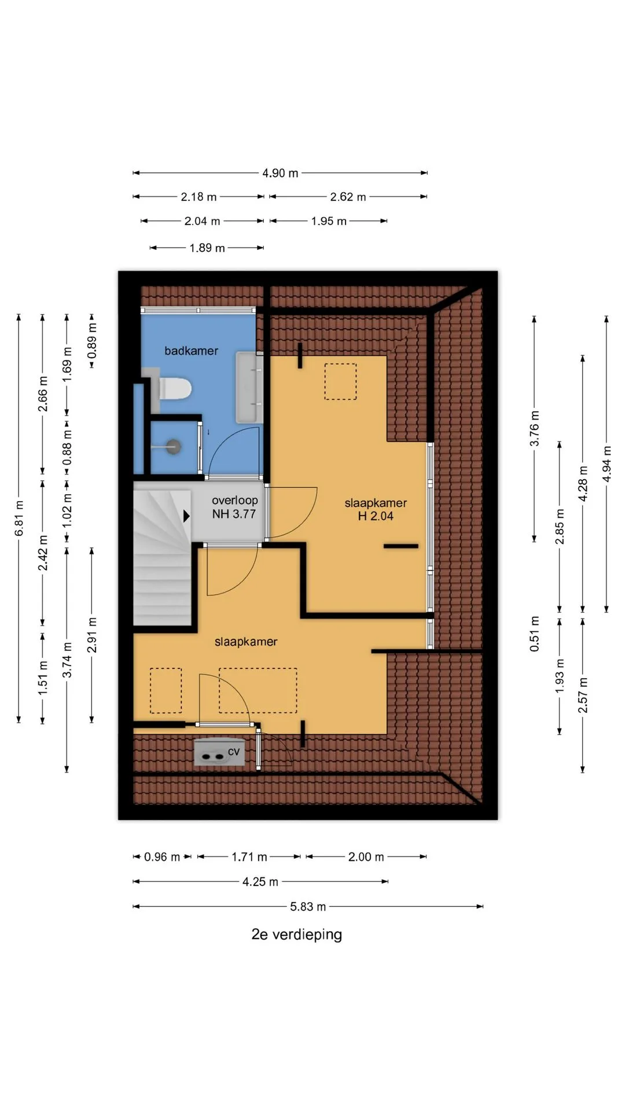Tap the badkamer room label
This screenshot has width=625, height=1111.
point(191,351)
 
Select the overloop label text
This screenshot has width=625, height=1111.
point(234,501)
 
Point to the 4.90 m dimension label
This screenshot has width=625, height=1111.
point(280,173)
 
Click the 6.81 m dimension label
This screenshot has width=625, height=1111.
point(19,518)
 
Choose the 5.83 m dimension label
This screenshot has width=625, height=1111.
point(308,907)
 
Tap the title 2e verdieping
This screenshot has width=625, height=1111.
point(296,935)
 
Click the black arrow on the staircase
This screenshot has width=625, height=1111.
point(186,516)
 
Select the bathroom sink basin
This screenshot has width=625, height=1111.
point(249,387)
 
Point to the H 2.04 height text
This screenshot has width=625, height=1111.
point(376,516)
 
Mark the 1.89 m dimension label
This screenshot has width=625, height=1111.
point(207,248)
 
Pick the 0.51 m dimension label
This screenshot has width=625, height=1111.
point(535,634)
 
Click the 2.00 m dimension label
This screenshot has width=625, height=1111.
point(366,857)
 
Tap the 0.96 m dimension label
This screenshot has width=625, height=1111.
point(161,857)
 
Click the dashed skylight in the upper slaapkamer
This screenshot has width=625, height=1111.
point(340,381)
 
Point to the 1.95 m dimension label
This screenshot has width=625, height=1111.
point(329,221)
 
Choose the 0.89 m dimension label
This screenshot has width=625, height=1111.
point(92,341)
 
